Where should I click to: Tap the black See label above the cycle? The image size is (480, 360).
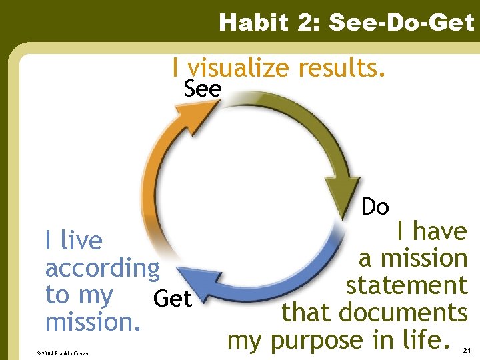pos(202,89)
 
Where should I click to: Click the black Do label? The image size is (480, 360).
pos(375,207)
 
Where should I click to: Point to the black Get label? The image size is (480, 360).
pos(172,299)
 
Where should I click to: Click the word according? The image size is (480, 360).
pos(102,269)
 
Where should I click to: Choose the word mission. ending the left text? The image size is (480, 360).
pos(93,322)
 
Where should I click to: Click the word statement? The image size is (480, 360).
pos(406,285)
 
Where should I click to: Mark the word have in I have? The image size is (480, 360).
pos(440,231)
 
